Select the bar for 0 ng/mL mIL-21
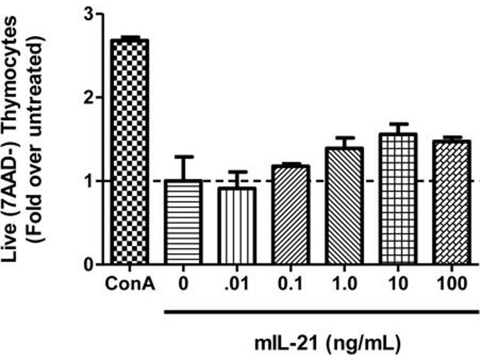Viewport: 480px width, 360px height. [x=183, y=222]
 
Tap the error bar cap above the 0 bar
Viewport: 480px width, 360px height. [x=183, y=157]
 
